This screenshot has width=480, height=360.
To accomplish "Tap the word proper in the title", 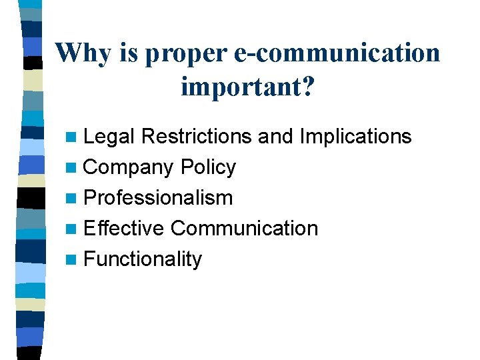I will (188, 53).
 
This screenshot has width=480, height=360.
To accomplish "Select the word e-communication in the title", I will (337, 52).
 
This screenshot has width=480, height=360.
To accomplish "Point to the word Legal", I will (110, 137).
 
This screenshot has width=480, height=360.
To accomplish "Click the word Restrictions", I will (196, 137).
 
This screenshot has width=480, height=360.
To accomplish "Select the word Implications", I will (355, 137).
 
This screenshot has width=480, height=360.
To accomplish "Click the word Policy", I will (208, 167).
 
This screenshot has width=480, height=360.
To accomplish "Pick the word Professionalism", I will (159, 198).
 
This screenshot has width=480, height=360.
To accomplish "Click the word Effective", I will (124, 228).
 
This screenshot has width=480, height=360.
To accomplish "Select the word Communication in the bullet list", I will (244, 228).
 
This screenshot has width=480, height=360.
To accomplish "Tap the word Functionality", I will (143, 259).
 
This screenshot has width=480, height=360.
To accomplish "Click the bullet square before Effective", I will (71, 229).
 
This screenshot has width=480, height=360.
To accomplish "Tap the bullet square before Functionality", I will (71, 260).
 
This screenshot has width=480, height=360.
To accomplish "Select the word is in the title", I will (129, 52).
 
